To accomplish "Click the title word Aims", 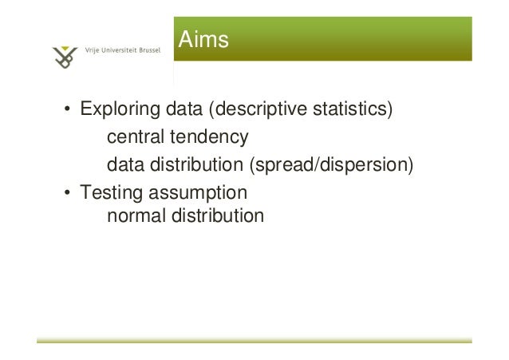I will coord(203,39).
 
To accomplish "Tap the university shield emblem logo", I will coord(65,56).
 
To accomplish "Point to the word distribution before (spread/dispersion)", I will coord(195,166).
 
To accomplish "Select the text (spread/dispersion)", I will coord(331,166).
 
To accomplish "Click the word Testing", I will coord(107,194).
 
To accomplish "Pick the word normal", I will coord(133,216).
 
